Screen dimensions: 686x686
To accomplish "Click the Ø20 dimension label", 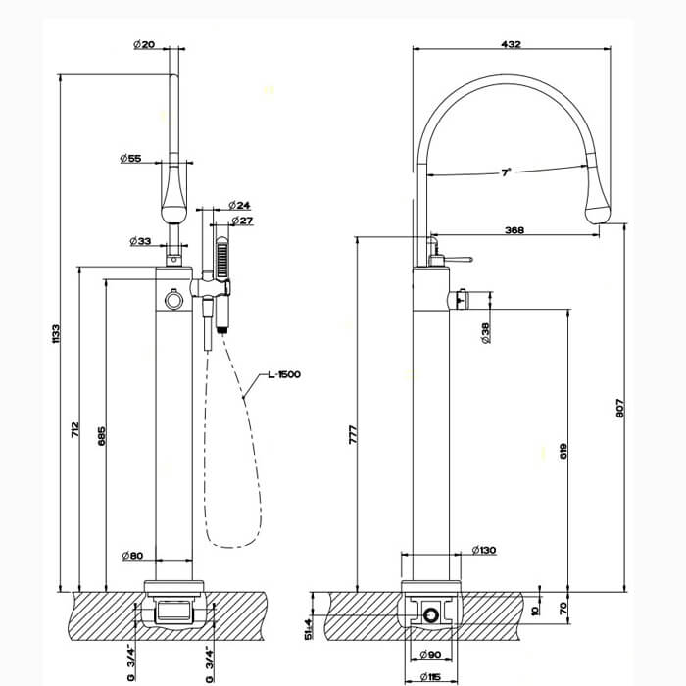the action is (144, 44).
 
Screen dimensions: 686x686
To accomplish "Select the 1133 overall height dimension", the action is (56, 334).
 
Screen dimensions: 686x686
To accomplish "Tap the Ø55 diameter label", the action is (130, 158).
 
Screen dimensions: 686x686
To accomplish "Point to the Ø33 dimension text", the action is (140, 241).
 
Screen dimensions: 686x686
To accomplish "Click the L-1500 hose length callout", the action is (284, 374).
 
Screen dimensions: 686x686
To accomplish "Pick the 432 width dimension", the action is (511, 44).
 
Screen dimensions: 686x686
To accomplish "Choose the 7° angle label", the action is (507, 172).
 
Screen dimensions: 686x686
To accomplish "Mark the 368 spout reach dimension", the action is (514, 230).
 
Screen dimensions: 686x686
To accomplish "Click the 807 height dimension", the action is (620, 408).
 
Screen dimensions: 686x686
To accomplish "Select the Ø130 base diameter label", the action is (484, 550).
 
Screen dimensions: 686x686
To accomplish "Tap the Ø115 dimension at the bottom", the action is (430, 677).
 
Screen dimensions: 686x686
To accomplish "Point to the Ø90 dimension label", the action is (430, 655).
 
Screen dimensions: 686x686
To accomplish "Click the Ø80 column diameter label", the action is (132, 556).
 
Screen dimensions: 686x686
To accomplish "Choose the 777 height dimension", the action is (353, 434).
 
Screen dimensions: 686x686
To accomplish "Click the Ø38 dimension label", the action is (486, 333).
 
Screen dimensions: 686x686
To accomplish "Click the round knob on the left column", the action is (173, 300).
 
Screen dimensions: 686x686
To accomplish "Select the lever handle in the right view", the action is (459, 260).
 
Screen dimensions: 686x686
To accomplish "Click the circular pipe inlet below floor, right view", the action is (431, 615).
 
